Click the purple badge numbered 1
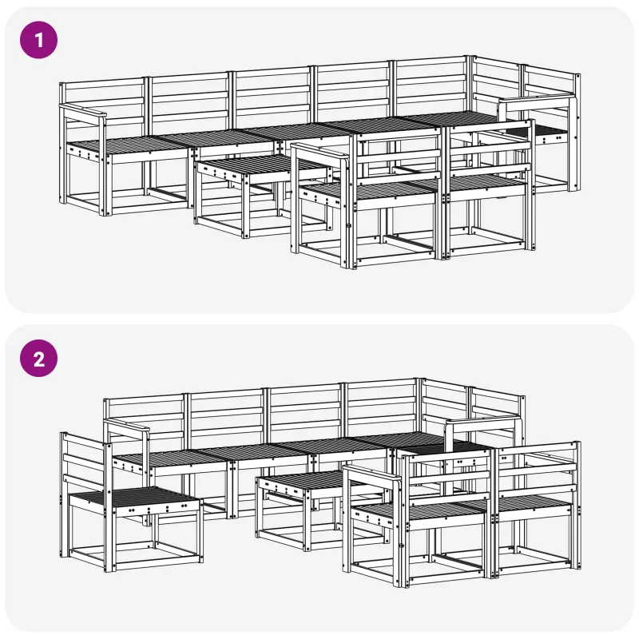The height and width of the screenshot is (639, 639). click(38, 40)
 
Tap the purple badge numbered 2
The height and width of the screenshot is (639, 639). click(38, 359)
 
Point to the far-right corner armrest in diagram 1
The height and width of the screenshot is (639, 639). click(537, 100)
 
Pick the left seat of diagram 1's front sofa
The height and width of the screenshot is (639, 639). click(369, 189)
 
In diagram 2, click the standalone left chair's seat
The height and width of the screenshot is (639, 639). click(133, 497)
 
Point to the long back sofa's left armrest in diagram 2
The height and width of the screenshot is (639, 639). click(126, 426)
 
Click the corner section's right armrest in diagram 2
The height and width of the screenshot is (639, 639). click(483, 423)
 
